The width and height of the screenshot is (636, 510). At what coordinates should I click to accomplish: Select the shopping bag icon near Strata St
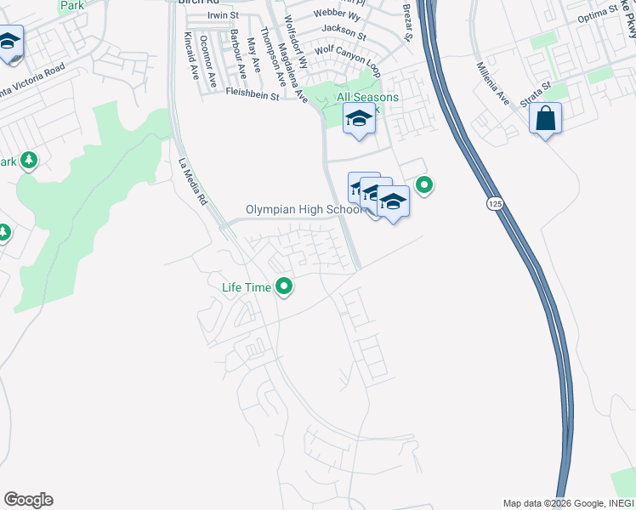point(545,119)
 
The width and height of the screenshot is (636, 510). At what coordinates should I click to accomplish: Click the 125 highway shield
point(494,204)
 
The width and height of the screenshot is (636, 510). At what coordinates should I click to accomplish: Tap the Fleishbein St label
point(253,96)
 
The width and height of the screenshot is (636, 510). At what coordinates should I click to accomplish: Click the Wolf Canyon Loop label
point(346,49)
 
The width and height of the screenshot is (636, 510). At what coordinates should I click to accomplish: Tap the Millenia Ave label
point(492,83)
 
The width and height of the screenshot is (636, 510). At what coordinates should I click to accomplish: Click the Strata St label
point(537,92)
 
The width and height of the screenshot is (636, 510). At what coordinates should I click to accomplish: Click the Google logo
point(28,500)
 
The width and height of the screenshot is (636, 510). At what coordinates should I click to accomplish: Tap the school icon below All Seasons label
point(359,121)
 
